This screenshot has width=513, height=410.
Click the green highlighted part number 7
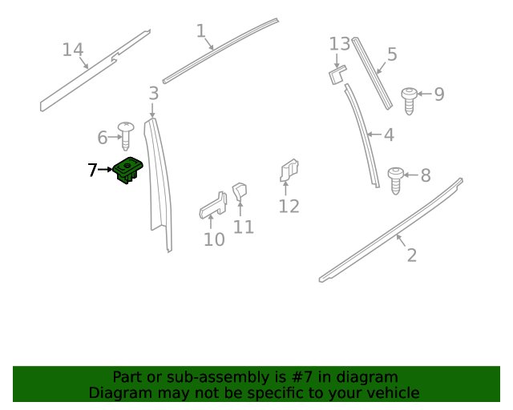tap(127, 170)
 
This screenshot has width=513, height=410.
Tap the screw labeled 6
tap(126, 134)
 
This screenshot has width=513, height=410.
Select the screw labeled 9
tap(410, 99)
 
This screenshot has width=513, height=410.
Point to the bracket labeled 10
tap(212, 204)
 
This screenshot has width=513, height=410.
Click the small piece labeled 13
tap(337, 74)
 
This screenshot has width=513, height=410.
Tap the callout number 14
tap(73, 50)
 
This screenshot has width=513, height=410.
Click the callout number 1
tap(201, 31)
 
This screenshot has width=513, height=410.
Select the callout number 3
tap(153, 94)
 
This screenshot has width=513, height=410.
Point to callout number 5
tap(392, 54)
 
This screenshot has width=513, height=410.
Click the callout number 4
tap(389, 135)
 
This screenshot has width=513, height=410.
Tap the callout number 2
tap(411, 255)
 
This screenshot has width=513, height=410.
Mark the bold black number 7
tap(92, 170)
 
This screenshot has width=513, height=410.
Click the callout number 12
tap(289, 207)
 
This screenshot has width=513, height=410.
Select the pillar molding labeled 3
tap(161, 184)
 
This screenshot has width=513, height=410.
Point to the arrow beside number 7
tap(105, 170)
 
